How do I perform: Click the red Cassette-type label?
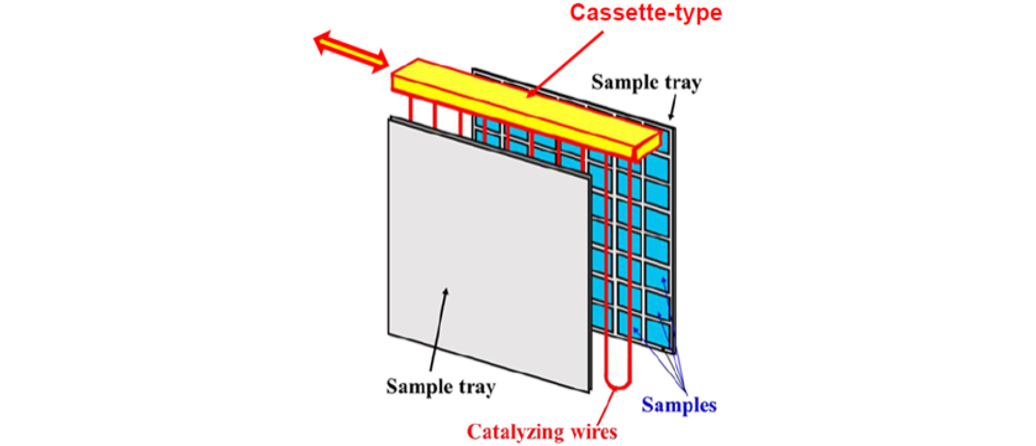tap(645, 13)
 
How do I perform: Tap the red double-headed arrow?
tap(351, 52)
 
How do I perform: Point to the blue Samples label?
tap(678, 405)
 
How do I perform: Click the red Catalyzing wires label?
tap(541, 432)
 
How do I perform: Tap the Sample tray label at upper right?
tap(646, 83)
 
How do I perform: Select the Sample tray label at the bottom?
tap(441, 387)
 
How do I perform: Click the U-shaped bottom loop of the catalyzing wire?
tap(618, 382)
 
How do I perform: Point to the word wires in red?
tap(594, 432)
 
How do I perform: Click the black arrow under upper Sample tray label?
tap(673, 108)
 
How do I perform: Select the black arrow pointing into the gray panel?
tap(438, 328)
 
